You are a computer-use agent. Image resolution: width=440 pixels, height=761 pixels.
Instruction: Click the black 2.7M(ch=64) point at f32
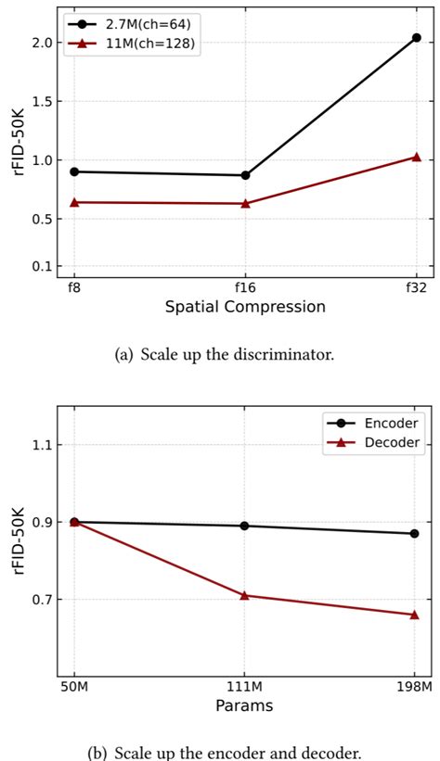416,38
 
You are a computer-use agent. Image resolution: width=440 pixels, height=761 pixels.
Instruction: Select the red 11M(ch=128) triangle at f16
245,203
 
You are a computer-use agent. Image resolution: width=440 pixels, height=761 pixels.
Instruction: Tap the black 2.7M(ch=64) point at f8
74,171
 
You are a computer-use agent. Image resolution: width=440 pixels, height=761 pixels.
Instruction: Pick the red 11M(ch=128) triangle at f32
416,157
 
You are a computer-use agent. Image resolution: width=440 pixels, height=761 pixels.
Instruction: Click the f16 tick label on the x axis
245,288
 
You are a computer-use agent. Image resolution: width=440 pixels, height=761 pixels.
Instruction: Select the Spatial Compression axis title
245,307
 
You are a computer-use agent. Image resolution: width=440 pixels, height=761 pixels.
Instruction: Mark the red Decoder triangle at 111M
245,595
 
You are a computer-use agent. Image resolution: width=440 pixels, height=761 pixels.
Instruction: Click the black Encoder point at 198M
414,533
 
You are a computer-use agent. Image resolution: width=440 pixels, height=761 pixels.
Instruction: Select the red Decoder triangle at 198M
414,615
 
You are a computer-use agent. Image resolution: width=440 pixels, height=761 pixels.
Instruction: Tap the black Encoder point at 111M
245,526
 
